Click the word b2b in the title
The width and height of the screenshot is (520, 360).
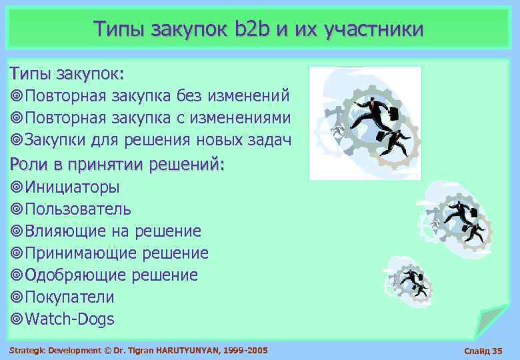click(x=251, y=29)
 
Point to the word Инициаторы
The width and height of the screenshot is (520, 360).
click(x=73, y=187)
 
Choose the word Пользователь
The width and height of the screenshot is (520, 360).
click(x=78, y=209)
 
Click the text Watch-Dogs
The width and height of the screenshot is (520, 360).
click(x=69, y=319)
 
